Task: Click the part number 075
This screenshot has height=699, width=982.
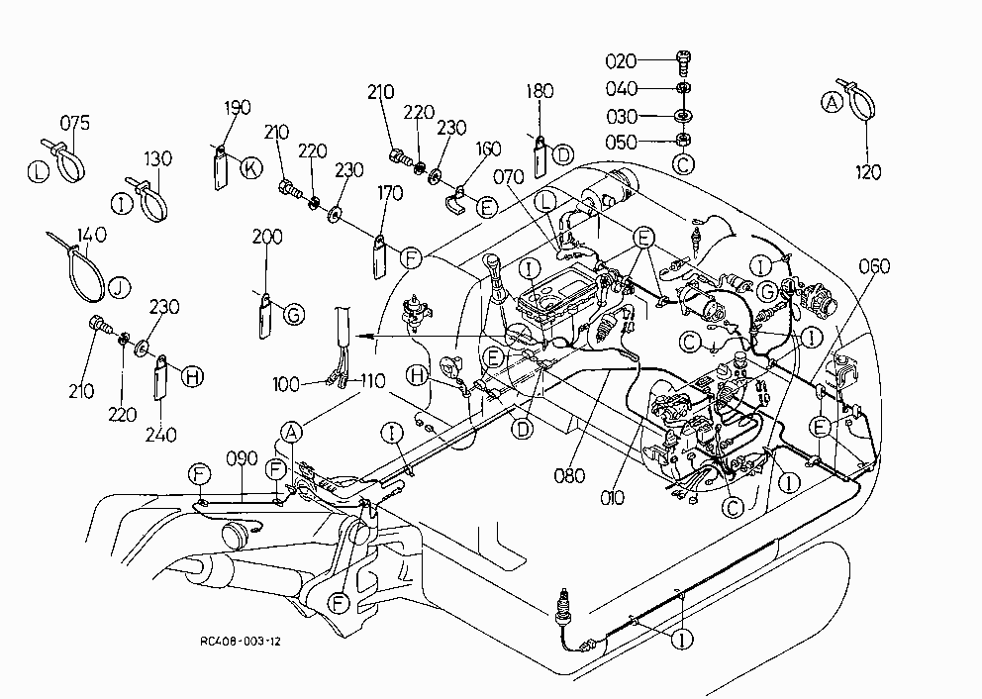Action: click(x=75, y=123)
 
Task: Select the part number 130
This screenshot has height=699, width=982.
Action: click(x=157, y=159)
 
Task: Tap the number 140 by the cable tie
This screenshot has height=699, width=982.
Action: click(x=91, y=235)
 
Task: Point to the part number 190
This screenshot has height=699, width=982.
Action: click(x=238, y=107)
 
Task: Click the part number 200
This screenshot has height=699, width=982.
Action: click(x=267, y=237)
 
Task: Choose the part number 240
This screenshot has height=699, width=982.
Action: click(x=161, y=435)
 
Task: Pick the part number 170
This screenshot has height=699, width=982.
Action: click(x=390, y=193)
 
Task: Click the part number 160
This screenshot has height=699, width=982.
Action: click(x=488, y=150)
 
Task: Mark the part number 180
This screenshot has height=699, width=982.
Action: click(x=540, y=91)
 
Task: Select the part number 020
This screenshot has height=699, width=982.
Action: click(x=621, y=61)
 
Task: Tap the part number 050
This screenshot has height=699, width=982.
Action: click(x=621, y=143)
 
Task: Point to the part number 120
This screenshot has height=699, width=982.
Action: click(x=868, y=172)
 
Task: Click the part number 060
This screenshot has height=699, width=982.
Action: click(x=874, y=266)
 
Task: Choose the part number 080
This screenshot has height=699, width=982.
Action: click(x=569, y=476)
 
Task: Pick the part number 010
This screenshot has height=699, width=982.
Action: click(x=612, y=498)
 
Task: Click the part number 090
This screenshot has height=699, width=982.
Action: click(x=242, y=459)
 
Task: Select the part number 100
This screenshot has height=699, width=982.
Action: click(x=285, y=384)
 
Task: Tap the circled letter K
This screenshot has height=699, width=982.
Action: click(x=251, y=168)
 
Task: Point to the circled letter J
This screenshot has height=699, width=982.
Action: click(x=119, y=287)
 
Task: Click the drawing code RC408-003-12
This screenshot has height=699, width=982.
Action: click(x=241, y=642)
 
